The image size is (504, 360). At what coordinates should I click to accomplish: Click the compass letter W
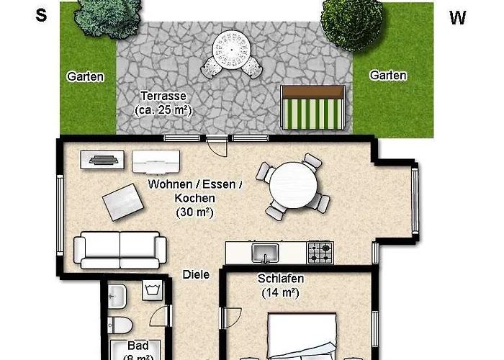[x=458, y=19]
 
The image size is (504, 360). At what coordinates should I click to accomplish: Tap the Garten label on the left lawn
[x=86, y=76]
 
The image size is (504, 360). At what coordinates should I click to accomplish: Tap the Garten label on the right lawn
[x=388, y=75]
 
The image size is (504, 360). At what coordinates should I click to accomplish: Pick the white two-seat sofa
[x=120, y=250]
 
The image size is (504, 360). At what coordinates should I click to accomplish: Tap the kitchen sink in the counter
[x=266, y=253]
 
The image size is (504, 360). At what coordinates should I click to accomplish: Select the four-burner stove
[x=320, y=252]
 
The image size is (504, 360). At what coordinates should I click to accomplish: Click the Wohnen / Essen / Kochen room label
[x=194, y=198]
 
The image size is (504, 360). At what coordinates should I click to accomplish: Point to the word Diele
[x=195, y=274]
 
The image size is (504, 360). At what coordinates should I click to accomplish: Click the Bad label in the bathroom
[x=137, y=346]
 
